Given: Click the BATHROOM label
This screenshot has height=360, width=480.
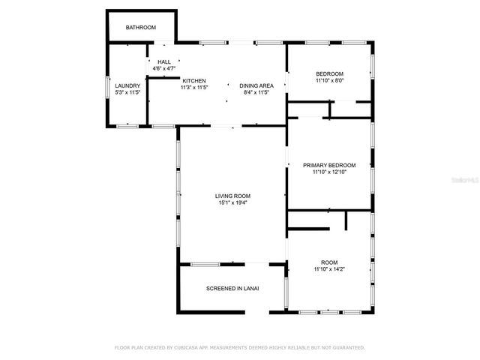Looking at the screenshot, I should tap(140, 28).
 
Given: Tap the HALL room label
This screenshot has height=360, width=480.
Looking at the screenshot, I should tap(163, 61).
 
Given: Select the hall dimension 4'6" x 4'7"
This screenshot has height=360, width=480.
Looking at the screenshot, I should tap(163, 68).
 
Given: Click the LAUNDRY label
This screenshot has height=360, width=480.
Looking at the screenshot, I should tap(127, 85).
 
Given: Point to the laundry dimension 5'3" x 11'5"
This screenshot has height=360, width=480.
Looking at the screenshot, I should tap(127, 92).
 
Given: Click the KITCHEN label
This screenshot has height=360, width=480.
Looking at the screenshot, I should tap(193, 81).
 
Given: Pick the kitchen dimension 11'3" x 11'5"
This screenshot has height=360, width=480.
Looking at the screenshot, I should tap(193, 88).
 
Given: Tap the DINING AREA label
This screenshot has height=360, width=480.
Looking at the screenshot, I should tap(256, 85).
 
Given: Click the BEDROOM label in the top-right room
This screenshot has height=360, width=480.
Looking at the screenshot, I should tap(329, 73).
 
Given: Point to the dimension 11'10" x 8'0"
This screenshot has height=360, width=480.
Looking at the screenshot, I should tap(329, 80).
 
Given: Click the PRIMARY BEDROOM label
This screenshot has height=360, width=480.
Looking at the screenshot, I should tap(329, 165).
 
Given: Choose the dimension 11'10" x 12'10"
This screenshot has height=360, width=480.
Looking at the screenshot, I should tap(329, 172).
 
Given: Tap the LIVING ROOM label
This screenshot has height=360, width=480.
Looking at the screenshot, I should tap(232, 196).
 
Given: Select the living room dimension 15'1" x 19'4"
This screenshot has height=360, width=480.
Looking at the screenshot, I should tap(232, 202).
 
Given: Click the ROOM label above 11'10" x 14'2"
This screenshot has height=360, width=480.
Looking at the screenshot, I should tap(329, 262).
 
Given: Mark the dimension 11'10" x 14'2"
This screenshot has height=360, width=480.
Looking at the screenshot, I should tap(329, 269).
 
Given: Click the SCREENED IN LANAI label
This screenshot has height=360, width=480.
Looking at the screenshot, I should tap(232, 288).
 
